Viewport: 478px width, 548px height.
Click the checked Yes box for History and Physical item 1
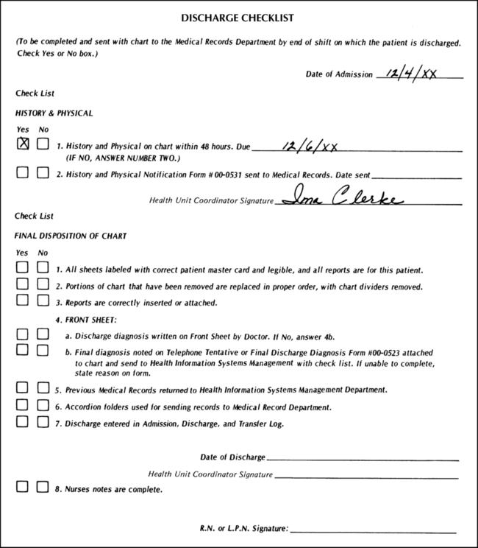click(23, 145)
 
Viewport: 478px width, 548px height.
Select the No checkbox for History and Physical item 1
click(43, 145)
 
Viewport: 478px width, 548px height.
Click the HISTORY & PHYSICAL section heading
click(54, 113)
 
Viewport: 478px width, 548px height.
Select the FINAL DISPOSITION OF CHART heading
click(71, 236)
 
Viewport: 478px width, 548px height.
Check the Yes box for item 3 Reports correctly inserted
click(23, 301)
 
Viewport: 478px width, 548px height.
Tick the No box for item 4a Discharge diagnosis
click(43, 334)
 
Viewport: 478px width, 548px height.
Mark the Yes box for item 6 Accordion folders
click(23, 405)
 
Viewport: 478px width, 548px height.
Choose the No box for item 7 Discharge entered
click(43, 422)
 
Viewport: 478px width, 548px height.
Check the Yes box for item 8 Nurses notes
click(23, 487)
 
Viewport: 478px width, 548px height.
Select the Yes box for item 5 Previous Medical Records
click(23, 387)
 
